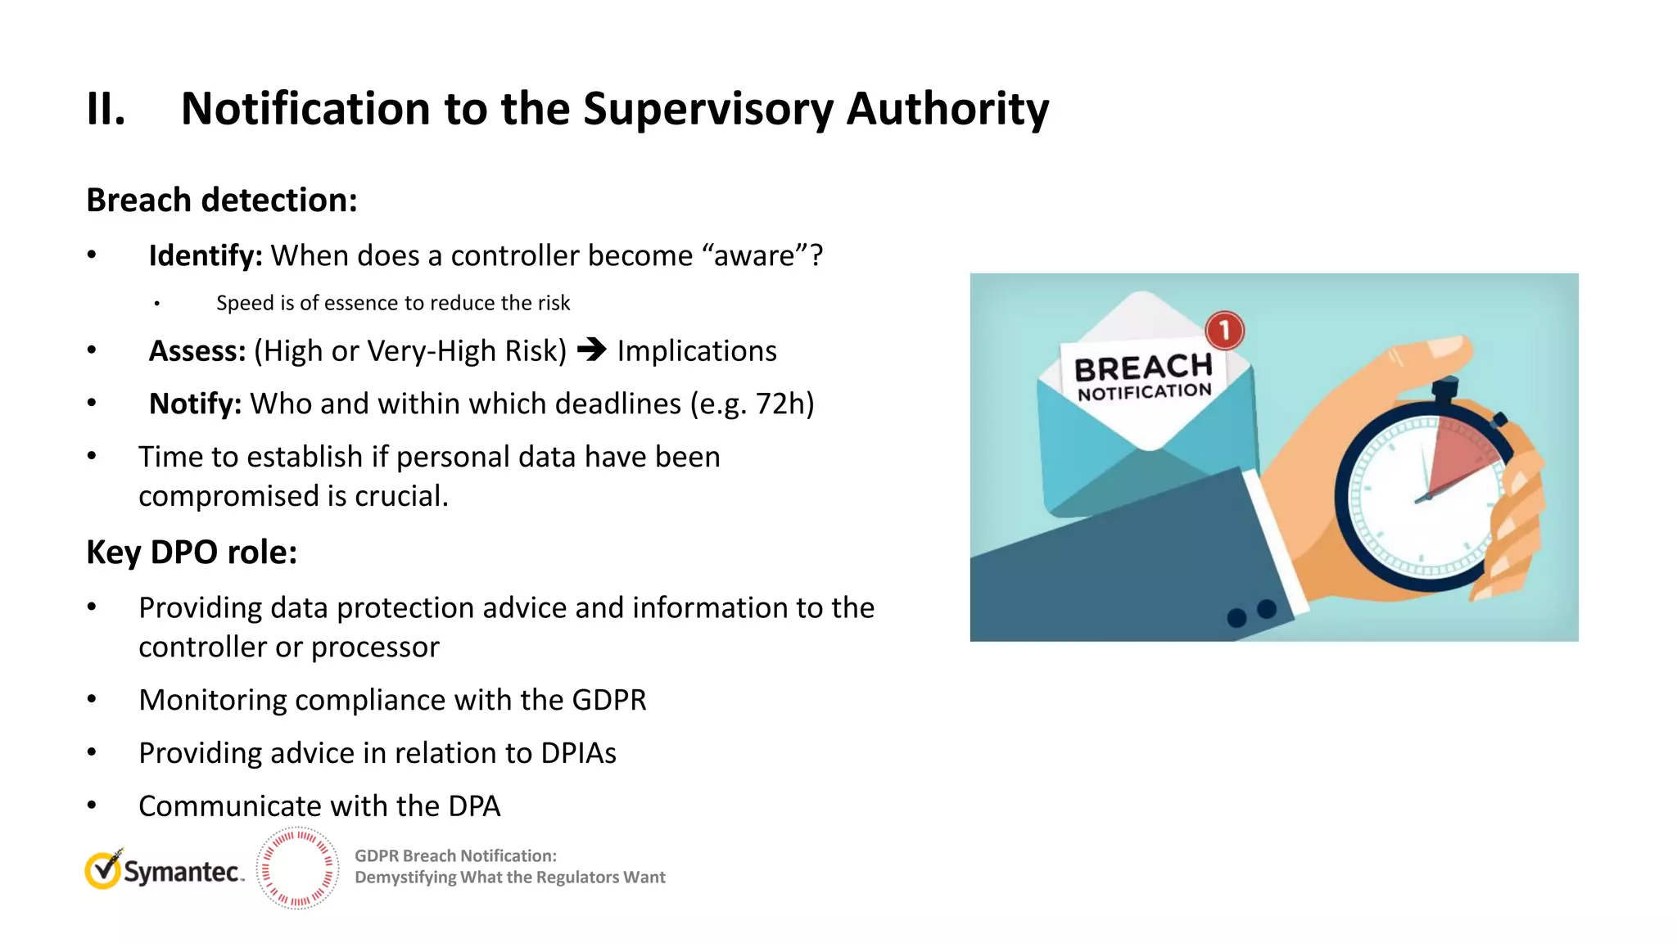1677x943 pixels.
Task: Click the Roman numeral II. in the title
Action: pyautogui.click(x=106, y=109)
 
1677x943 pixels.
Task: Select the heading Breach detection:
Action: pyautogui.click(x=222, y=201)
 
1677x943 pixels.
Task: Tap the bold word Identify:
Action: pyautogui.click(x=205, y=256)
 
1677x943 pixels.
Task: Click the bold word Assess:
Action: pyautogui.click(x=197, y=351)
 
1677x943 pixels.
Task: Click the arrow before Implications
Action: pyautogui.click(x=592, y=350)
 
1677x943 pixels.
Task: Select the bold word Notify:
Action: pyautogui.click(x=195, y=404)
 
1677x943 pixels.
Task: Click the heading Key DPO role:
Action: pyautogui.click(x=192, y=553)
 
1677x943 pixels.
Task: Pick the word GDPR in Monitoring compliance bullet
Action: pyautogui.click(x=608, y=701)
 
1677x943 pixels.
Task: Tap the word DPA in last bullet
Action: pyautogui.click(x=473, y=807)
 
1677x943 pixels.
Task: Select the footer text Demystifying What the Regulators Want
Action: pyautogui.click(x=509, y=878)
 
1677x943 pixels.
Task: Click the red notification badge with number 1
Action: pyautogui.click(x=1224, y=331)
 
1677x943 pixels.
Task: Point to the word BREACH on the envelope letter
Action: pyautogui.click(x=1143, y=368)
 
